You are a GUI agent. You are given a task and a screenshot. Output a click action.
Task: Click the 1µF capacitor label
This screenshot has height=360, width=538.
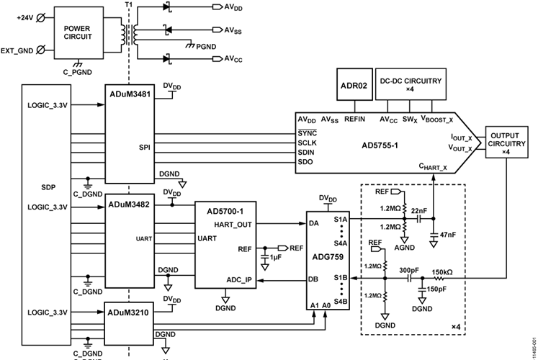click(x=275, y=257)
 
